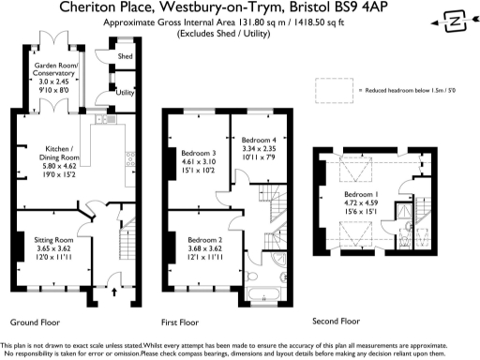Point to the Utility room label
click(125, 93)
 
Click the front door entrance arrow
click(114, 292)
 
